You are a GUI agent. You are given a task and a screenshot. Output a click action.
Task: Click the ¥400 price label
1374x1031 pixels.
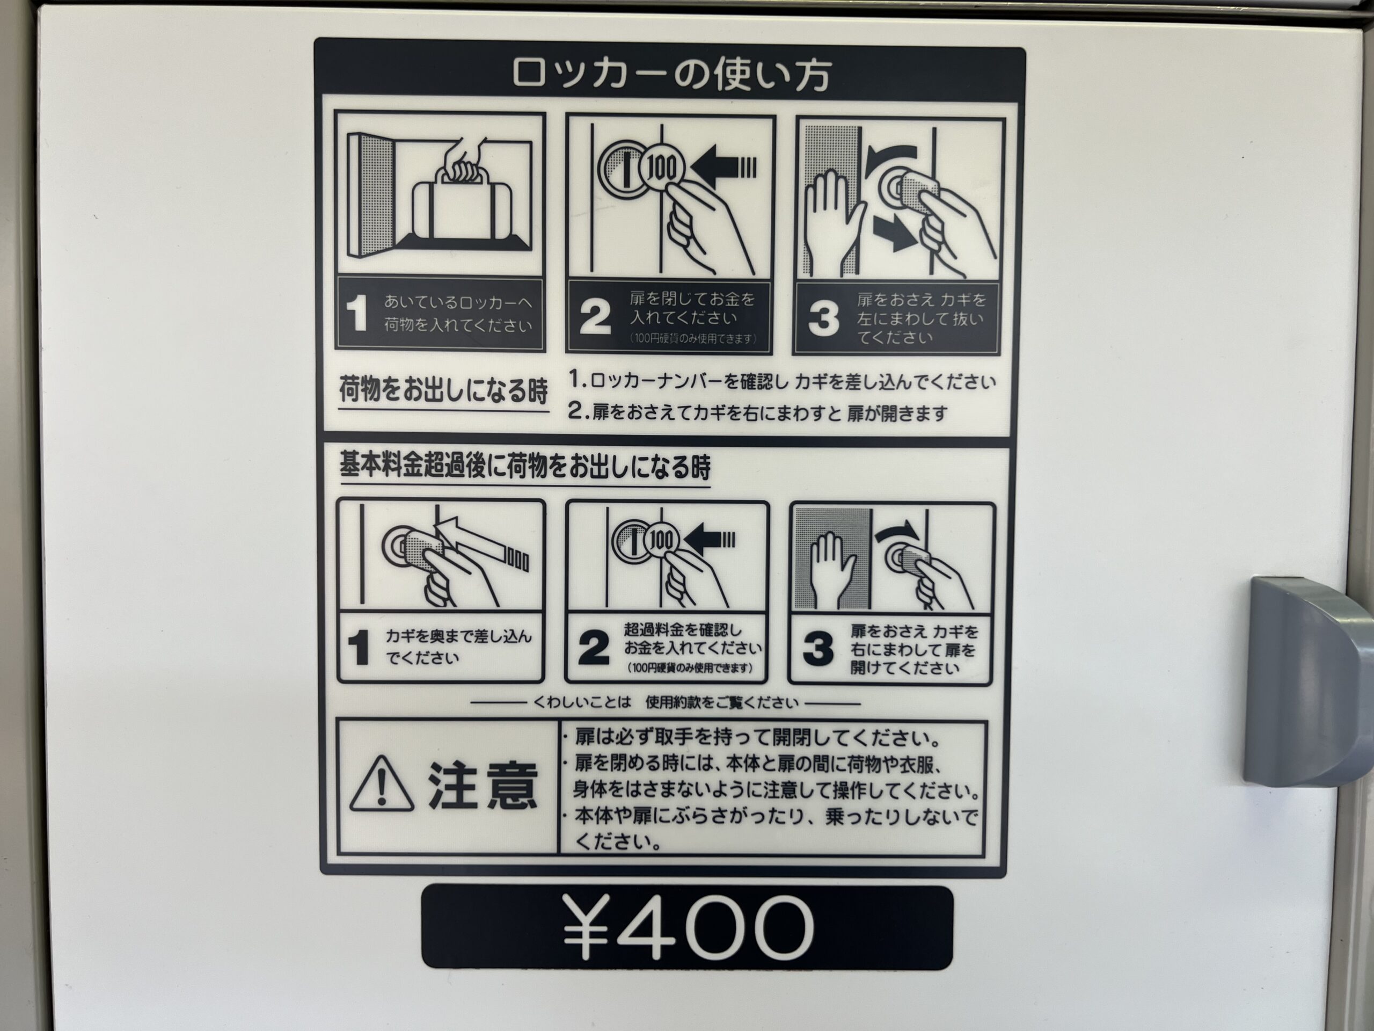click(688, 927)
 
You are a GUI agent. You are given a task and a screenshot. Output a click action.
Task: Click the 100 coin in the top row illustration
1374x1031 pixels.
click(662, 167)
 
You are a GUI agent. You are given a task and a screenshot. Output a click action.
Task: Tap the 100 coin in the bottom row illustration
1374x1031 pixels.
click(660, 541)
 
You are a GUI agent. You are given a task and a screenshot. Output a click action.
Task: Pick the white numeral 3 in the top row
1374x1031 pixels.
click(824, 318)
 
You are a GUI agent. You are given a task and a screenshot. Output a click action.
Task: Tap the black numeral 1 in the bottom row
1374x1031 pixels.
click(359, 648)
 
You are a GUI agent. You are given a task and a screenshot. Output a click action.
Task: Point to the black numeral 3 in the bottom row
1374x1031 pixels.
click(818, 648)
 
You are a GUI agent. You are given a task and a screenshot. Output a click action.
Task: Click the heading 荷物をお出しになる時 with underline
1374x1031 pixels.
click(443, 393)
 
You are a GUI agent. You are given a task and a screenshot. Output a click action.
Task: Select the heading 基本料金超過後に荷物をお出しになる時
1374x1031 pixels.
click(525, 467)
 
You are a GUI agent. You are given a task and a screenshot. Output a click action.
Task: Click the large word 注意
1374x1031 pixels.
click(482, 785)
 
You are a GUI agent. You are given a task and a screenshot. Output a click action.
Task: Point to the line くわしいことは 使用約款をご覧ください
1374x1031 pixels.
click(665, 703)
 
